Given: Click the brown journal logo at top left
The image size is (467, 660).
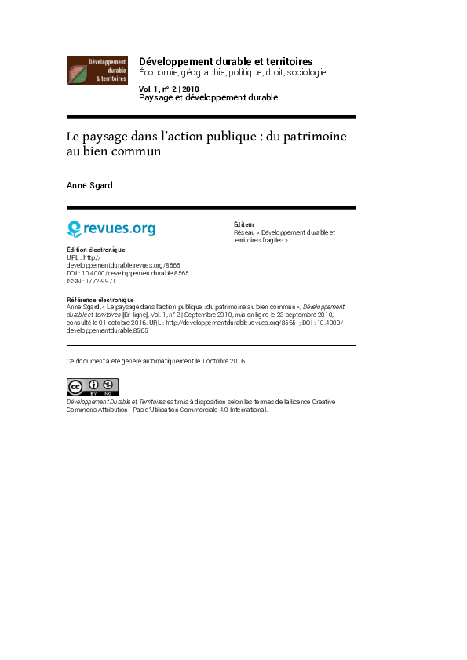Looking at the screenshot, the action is (x=97, y=71).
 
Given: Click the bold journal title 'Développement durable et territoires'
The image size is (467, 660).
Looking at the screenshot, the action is (x=226, y=61).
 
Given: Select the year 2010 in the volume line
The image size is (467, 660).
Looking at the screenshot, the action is (x=191, y=89).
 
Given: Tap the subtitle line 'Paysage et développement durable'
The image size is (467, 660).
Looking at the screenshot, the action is (x=209, y=97).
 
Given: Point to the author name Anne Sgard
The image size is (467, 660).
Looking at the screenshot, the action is (x=89, y=185).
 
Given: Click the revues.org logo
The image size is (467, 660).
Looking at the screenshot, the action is (x=111, y=228).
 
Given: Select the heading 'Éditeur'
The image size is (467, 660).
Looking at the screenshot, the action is (x=244, y=224).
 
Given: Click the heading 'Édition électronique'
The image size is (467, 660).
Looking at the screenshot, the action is (x=96, y=250).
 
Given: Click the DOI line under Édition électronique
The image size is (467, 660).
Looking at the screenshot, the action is (x=128, y=273).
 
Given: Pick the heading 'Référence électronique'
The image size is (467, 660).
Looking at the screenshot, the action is (x=100, y=300).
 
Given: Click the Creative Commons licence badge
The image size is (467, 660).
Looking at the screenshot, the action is (x=92, y=387).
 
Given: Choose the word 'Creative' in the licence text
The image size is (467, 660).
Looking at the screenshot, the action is (x=323, y=402).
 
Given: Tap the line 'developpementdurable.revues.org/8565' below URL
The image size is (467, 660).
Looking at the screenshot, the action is (x=123, y=265).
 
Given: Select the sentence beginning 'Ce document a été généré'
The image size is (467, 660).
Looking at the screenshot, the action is (x=156, y=361).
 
